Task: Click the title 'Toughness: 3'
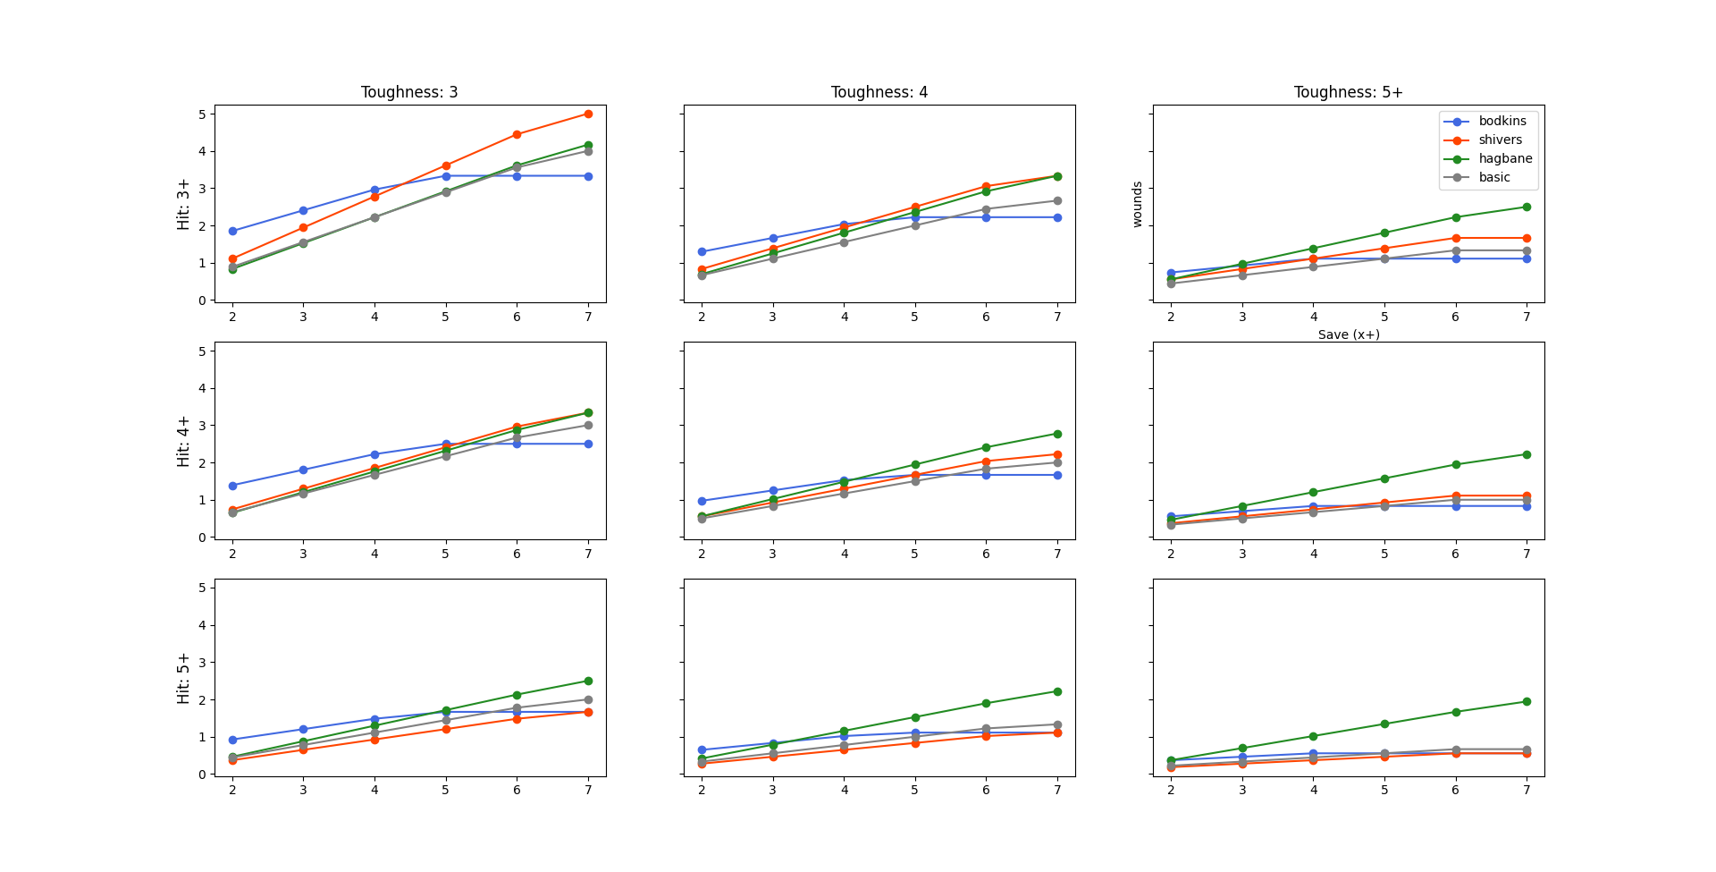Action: click(409, 92)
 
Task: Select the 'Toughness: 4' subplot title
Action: click(879, 92)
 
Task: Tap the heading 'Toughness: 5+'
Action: click(1348, 92)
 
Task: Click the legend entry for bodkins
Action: click(1502, 122)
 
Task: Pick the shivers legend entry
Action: click(1500, 140)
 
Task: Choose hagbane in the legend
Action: click(1505, 159)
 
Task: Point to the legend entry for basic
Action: click(1494, 178)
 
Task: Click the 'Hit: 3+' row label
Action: click(184, 204)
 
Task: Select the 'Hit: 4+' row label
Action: click(184, 441)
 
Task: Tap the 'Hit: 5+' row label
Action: click(184, 678)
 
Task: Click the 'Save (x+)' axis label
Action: click(1349, 334)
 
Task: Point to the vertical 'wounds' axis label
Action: click(1137, 204)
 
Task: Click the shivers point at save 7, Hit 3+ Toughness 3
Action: click(588, 114)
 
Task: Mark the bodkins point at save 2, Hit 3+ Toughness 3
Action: click(232, 231)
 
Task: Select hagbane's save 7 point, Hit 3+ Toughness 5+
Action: click(1527, 207)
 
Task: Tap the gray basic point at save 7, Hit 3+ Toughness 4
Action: click(1057, 200)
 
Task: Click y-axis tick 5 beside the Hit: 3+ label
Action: click(202, 114)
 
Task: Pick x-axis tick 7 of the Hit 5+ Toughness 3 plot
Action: click(588, 790)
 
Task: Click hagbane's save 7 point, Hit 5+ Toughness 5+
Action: click(1527, 701)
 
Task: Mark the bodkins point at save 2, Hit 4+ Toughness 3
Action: click(232, 486)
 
